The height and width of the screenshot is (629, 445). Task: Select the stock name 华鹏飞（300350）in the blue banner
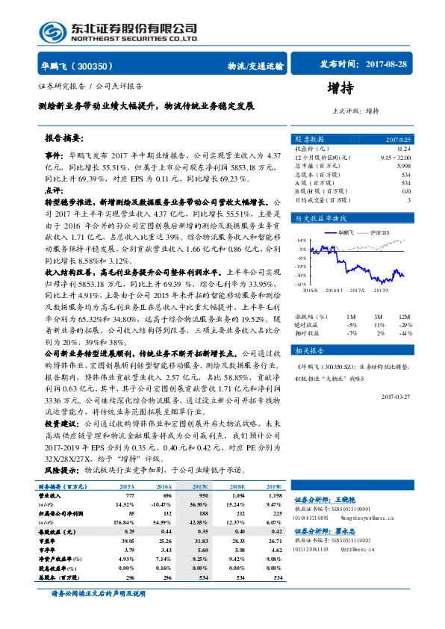(x=73, y=66)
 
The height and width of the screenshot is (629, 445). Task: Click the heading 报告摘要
(x=63, y=138)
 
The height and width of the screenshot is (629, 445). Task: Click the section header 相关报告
(x=308, y=350)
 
